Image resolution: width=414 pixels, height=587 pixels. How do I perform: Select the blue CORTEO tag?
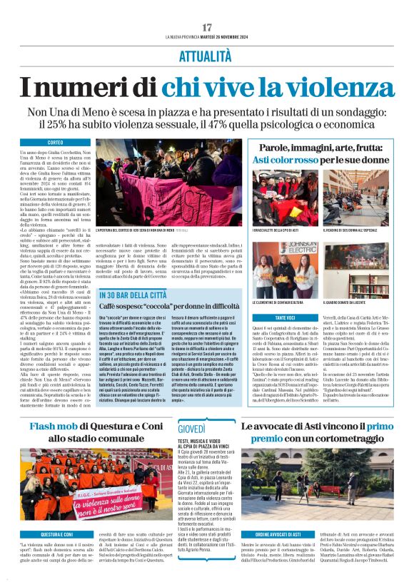tap(55, 143)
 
